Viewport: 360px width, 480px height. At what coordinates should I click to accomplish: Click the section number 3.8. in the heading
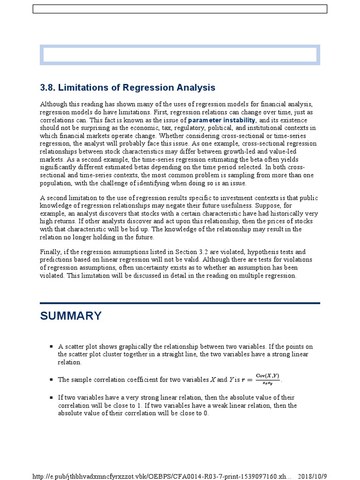48,88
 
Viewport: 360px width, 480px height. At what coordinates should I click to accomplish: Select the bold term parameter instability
222,120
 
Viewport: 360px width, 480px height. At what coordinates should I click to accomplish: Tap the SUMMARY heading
71,316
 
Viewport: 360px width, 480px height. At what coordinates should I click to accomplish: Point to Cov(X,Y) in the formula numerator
267,376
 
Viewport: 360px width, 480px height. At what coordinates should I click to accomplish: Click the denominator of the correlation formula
267,383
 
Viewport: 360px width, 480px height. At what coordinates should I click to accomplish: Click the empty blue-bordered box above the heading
180,55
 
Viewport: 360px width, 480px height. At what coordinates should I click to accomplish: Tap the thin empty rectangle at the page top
180,9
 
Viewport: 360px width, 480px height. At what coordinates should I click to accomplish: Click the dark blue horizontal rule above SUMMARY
180,303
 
